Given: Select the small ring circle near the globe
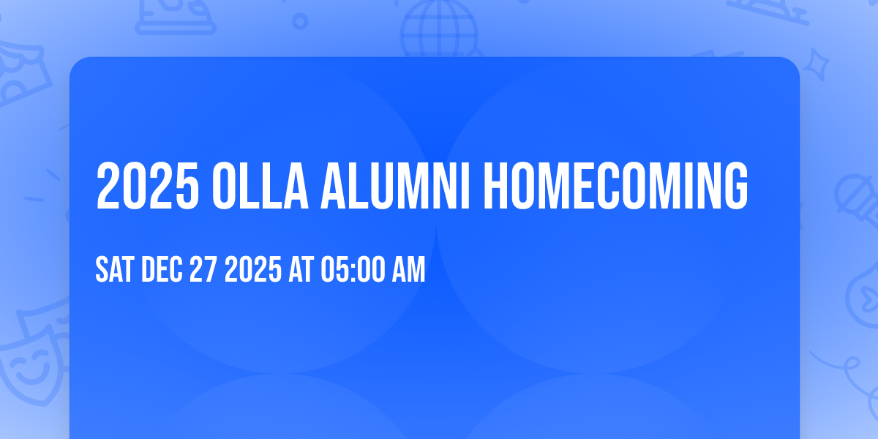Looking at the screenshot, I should (x=300, y=20).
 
